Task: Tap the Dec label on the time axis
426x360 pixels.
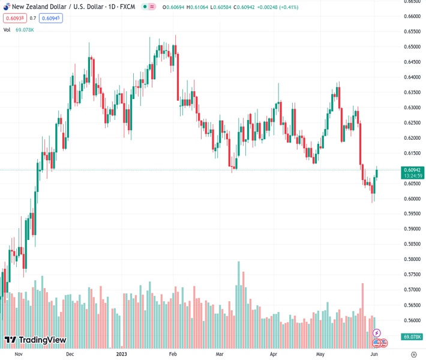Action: pos(70,354)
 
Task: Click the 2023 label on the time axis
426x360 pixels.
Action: pos(122,354)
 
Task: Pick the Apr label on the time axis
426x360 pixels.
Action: pos(274,354)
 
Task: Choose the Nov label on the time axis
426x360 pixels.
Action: pos(19,354)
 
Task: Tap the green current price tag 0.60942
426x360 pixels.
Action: pos(414,170)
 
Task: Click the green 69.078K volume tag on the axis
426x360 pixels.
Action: pos(413,337)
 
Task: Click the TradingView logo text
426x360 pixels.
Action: pos(42,340)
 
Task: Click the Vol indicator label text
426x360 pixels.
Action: pos(7,29)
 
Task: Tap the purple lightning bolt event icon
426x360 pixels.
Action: pos(377,332)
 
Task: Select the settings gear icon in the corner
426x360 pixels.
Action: pos(413,354)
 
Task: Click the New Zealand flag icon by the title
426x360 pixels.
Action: pos(6,6)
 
